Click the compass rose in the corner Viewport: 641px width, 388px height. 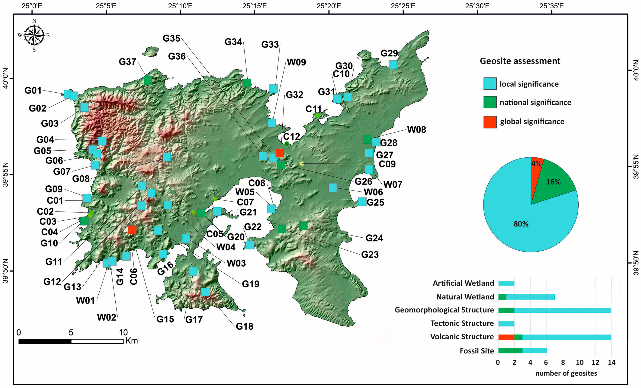(34, 35)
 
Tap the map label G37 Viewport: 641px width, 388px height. (127, 62)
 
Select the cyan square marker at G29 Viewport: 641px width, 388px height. (393, 64)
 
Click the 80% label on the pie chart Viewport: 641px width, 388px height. (521, 224)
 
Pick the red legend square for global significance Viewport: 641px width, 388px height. (490, 122)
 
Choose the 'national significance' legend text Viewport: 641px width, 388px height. (535, 102)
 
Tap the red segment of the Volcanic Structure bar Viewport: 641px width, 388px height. (506, 337)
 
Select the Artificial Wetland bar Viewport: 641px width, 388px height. (506, 283)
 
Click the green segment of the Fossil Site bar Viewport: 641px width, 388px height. (510, 351)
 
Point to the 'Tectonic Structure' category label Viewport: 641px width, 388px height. (462, 323)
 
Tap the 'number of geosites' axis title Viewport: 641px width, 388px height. (566, 373)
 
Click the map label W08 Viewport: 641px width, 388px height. (416, 130)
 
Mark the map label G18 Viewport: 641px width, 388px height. (244, 326)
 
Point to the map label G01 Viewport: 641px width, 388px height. (33, 90)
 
